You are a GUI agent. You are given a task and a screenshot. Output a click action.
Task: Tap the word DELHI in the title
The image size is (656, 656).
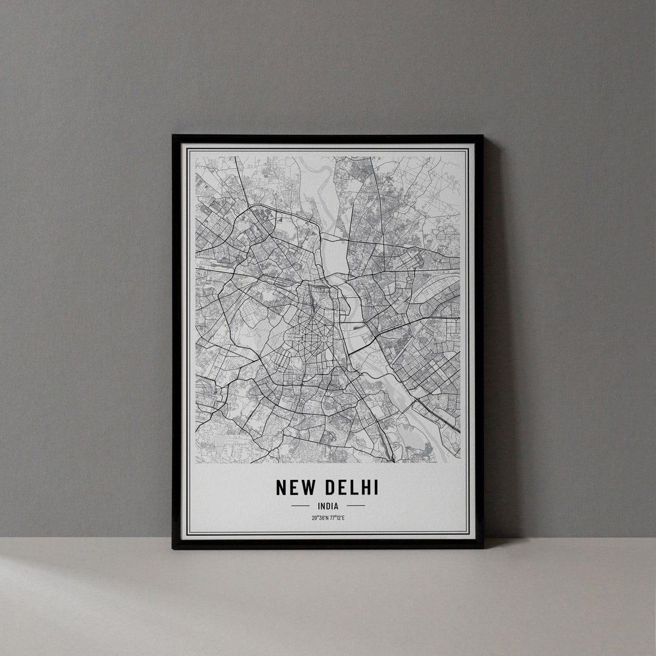352,487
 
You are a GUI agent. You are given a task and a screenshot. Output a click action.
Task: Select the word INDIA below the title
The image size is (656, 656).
328,505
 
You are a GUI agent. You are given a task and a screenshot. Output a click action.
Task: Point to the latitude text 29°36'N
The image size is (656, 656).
319,518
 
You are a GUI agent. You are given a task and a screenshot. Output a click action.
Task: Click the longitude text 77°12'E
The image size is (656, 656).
337,518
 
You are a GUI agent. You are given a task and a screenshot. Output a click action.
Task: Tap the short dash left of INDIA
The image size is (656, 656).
300,505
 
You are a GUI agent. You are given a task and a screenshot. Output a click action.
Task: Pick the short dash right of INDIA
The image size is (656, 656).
356,505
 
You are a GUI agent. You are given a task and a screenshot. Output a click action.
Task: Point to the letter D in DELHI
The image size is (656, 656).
331,487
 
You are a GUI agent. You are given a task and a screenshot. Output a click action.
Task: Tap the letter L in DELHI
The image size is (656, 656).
355,487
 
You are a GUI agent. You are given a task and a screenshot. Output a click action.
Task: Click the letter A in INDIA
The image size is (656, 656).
337,505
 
